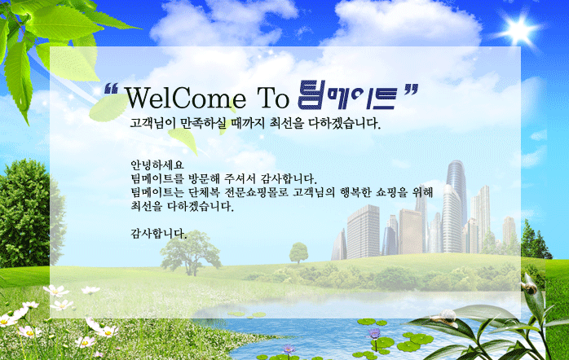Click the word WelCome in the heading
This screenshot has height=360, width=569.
[185, 98]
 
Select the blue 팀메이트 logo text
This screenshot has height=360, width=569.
[346, 95]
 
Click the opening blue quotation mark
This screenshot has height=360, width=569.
[111, 89]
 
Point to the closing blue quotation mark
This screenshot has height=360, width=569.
[411, 90]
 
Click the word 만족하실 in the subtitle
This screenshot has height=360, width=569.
[203, 123]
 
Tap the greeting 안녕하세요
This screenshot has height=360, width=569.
[157, 165]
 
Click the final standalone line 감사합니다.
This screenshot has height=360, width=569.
[159, 234]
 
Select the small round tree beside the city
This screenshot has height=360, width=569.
[298, 252]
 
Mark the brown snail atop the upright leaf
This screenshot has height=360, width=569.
[528, 288]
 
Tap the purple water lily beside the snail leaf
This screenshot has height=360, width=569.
[374, 334]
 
